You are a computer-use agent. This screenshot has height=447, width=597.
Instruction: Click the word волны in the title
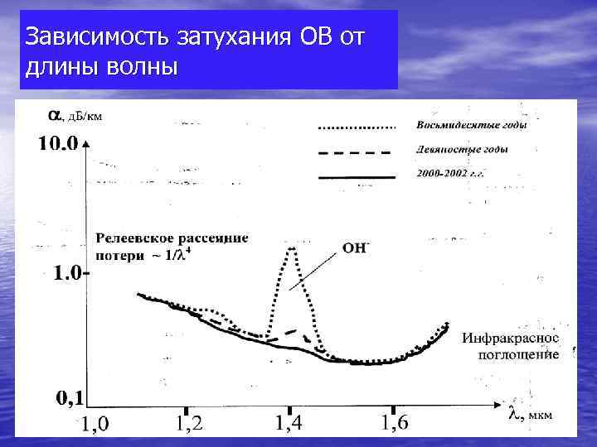tap(142, 67)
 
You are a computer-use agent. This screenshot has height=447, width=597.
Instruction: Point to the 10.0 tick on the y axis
tap(58, 144)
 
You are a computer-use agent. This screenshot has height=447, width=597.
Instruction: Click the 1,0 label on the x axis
tap(95, 425)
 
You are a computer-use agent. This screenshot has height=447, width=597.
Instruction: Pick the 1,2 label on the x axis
tap(189, 424)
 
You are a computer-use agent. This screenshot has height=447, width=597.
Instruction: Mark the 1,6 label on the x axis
tap(394, 424)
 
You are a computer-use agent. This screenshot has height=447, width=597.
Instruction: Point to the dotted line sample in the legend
tap(357, 127)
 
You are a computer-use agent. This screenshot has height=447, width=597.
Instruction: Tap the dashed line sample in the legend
tap(357, 152)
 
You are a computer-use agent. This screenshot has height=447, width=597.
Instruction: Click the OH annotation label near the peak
tap(355, 248)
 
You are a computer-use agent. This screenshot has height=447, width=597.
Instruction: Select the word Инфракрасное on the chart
tap(510, 339)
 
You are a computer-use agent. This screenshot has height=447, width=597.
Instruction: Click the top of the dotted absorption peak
tap(291, 248)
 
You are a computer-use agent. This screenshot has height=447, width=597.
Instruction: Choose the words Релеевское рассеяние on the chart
tap(172, 238)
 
